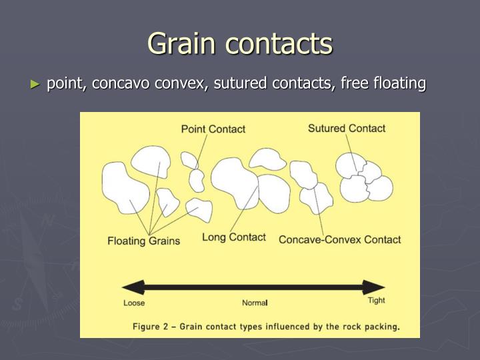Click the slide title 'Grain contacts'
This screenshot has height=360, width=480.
[240, 44]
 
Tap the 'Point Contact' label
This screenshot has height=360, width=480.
[213, 129]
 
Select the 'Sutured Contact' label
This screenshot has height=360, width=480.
[346, 128]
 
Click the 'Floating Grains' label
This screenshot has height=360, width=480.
[143, 241]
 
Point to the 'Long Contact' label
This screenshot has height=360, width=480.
[233, 237]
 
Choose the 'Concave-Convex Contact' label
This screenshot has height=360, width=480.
[339, 239]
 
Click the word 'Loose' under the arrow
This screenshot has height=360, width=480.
[134, 303]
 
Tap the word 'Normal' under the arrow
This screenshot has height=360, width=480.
[254, 303]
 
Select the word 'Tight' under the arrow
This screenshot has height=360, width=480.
[377, 301]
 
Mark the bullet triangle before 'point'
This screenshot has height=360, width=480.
[35, 85]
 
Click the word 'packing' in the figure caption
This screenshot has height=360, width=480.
[381, 327]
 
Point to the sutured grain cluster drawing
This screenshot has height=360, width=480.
[363, 178]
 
